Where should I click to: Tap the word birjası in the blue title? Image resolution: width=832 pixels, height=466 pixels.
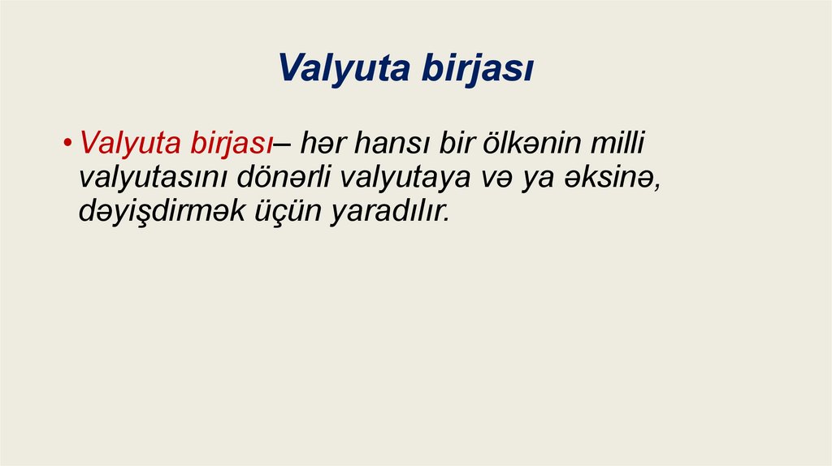pos(477,69)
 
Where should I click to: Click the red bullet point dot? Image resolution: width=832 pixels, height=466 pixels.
pos(69,146)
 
